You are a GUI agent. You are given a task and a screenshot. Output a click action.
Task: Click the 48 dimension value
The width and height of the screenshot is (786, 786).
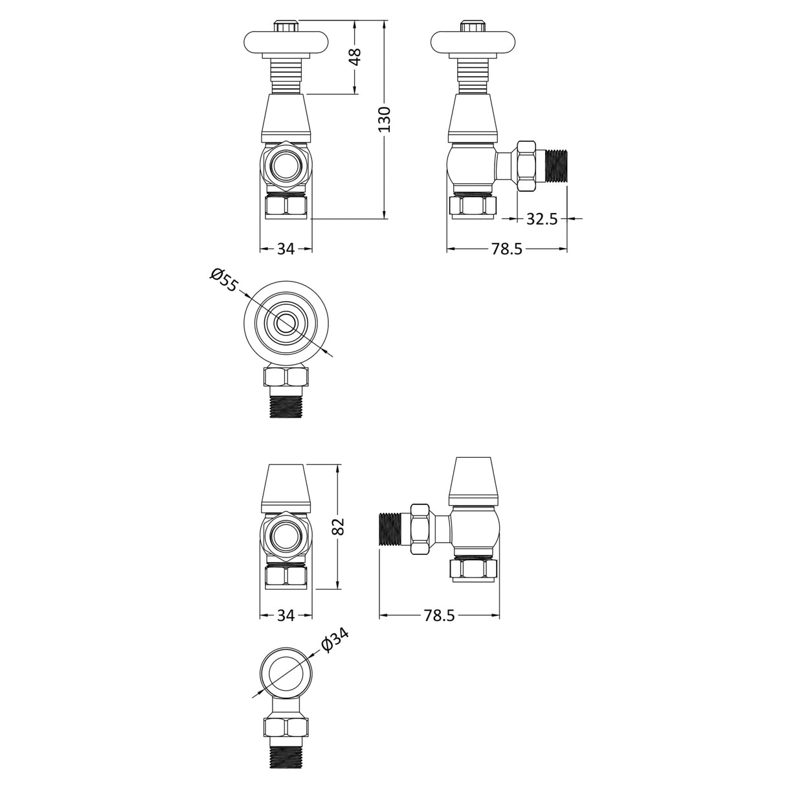point(354,57)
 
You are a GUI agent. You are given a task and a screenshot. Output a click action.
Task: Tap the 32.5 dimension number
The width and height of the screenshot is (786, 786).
point(542,219)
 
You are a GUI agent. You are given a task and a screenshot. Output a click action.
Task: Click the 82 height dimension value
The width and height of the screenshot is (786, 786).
point(338,526)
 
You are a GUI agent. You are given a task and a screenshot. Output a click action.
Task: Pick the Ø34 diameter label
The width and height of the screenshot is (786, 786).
point(335,640)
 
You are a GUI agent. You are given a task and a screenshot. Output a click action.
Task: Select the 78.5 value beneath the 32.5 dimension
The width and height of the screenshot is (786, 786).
point(506,249)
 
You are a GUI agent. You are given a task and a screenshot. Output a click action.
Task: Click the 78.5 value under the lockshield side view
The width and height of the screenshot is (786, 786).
point(440,616)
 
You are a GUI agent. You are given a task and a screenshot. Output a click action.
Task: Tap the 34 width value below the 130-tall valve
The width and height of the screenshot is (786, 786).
point(286,249)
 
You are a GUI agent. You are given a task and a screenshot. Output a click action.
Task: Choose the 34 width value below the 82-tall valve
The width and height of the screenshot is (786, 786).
point(286,616)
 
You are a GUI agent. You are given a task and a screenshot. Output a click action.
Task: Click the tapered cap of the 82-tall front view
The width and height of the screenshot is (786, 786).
point(286,487)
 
